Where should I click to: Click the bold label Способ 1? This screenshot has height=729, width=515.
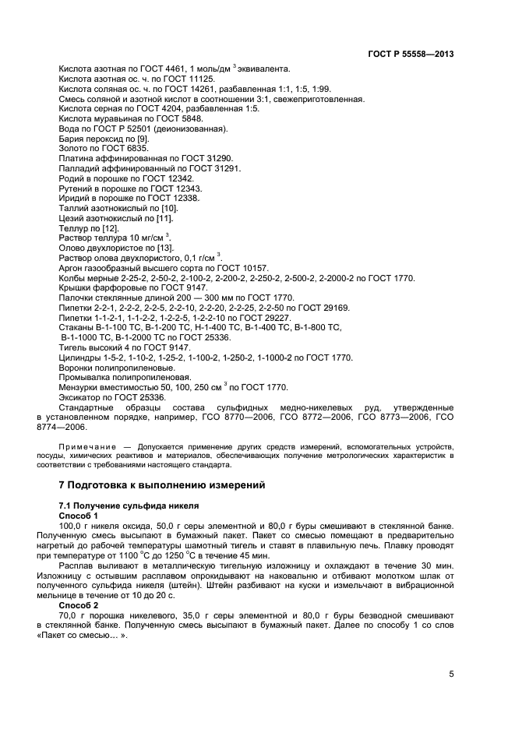pos(79,516)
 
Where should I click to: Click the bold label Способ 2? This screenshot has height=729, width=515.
pos(79,604)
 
